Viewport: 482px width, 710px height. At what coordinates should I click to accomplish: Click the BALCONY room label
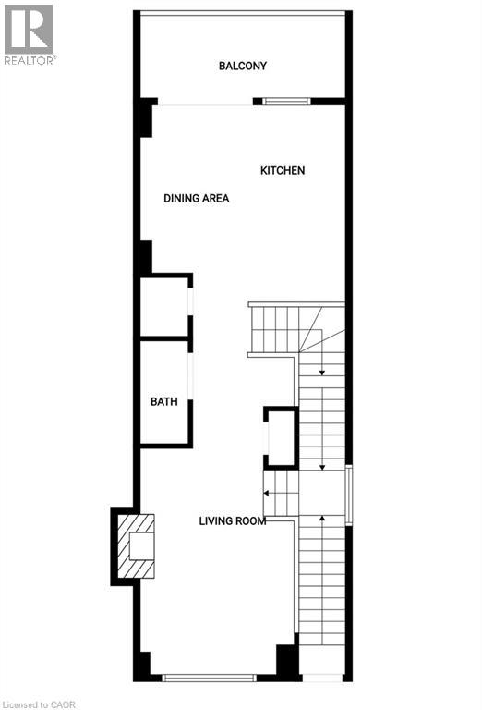pyautogui.click(x=243, y=66)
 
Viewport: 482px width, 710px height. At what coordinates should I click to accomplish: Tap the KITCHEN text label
pyautogui.click(x=283, y=170)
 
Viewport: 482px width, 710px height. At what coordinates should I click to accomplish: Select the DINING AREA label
pyautogui.click(x=196, y=198)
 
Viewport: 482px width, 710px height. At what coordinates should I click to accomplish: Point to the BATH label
pyautogui.click(x=164, y=401)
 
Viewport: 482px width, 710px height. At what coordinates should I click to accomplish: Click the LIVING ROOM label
pyautogui.click(x=233, y=520)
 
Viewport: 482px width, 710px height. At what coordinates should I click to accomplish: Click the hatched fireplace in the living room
pyautogui.click(x=131, y=546)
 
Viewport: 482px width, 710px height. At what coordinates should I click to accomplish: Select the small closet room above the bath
pyautogui.click(x=164, y=306)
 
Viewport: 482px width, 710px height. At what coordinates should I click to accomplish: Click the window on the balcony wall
pyautogui.click(x=286, y=101)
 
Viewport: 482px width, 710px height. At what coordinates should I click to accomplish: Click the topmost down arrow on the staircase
pyautogui.click(x=321, y=373)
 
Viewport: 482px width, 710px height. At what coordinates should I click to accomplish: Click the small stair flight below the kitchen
pyautogui.click(x=273, y=327)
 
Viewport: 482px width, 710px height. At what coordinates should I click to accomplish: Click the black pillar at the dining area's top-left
pyautogui.click(x=145, y=117)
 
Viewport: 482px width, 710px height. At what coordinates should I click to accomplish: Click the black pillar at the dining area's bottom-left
pyautogui.click(x=145, y=257)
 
